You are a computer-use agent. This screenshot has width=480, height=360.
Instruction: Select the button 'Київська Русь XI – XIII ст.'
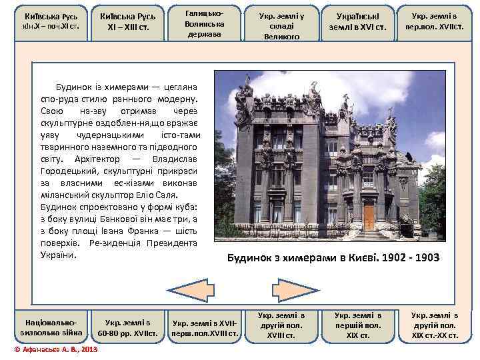point(126,22)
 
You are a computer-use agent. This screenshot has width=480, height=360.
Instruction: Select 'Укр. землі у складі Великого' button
point(281,22)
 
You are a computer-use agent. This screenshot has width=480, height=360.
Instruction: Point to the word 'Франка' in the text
point(123,231)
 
